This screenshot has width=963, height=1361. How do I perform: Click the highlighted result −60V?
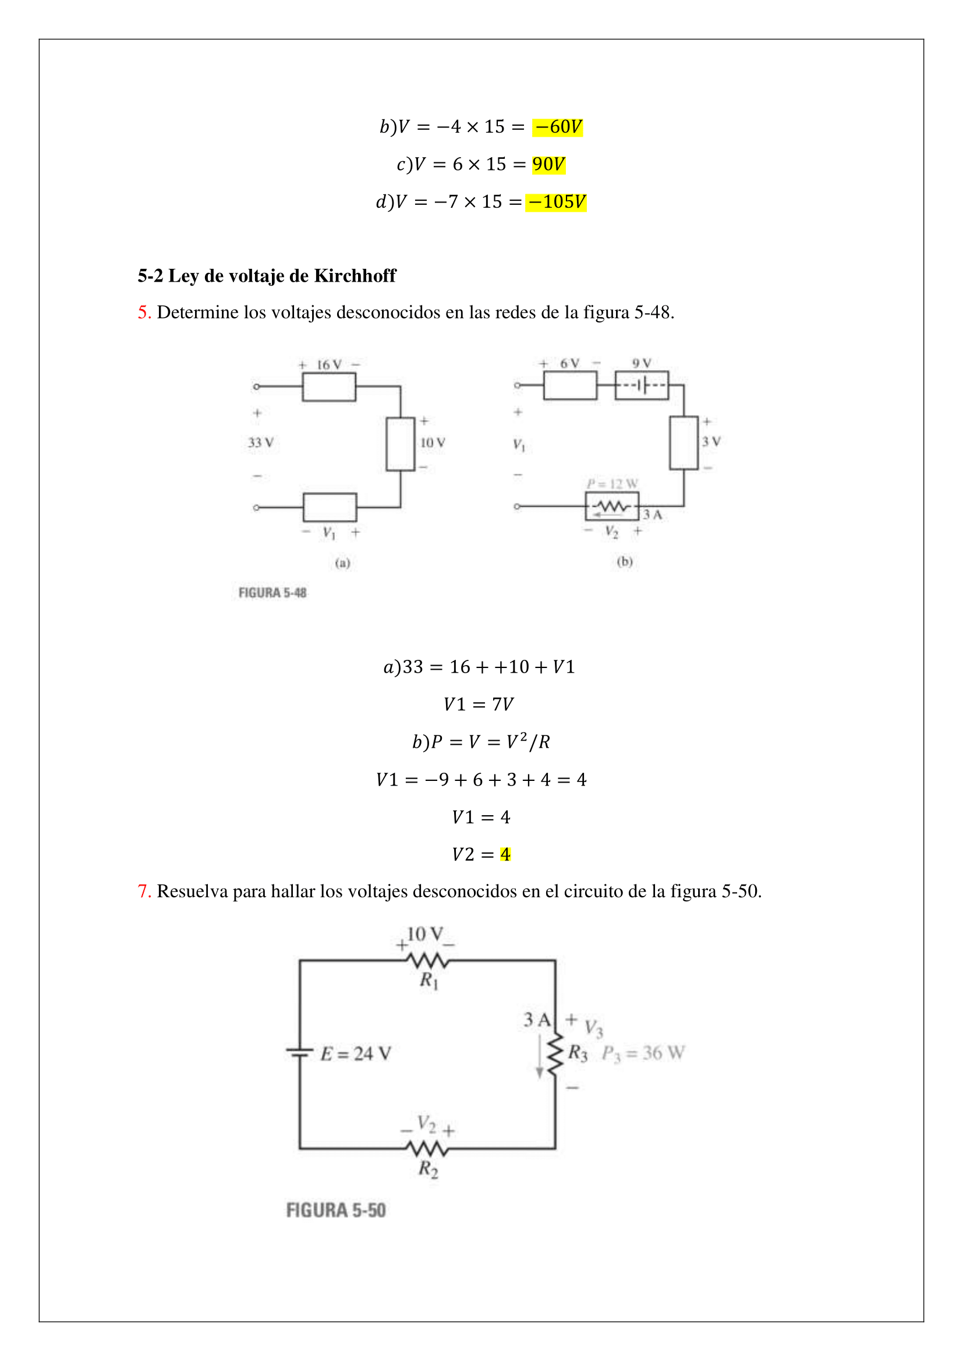(557, 127)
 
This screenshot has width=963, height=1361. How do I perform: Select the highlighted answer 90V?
(548, 164)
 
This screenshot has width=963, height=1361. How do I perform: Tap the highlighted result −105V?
(555, 201)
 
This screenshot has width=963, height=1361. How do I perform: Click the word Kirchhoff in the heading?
(355, 276)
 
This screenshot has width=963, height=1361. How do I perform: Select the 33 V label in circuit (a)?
(261, 442)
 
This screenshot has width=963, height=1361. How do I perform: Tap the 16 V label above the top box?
(329, 365)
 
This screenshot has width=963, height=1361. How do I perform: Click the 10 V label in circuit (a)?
(433, 442)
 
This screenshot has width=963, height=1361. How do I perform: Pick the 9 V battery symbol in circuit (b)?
(642, 385)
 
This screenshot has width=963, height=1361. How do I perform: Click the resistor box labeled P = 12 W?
(612, 507)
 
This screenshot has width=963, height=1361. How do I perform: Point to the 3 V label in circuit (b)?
(711, 442)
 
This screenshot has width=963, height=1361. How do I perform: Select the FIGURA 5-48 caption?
(272, 593)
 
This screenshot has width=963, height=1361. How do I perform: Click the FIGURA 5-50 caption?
(336, 1210)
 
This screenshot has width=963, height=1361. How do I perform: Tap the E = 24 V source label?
(356, 1053)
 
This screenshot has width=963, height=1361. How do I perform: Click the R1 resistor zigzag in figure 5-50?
(427, 960)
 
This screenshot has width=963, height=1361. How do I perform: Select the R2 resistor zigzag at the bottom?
(427, 1149)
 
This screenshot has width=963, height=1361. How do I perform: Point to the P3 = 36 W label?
(643, 1053)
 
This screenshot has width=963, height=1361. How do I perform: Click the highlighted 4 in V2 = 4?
(505, 854)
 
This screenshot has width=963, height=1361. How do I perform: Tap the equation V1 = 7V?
(479, 704)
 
